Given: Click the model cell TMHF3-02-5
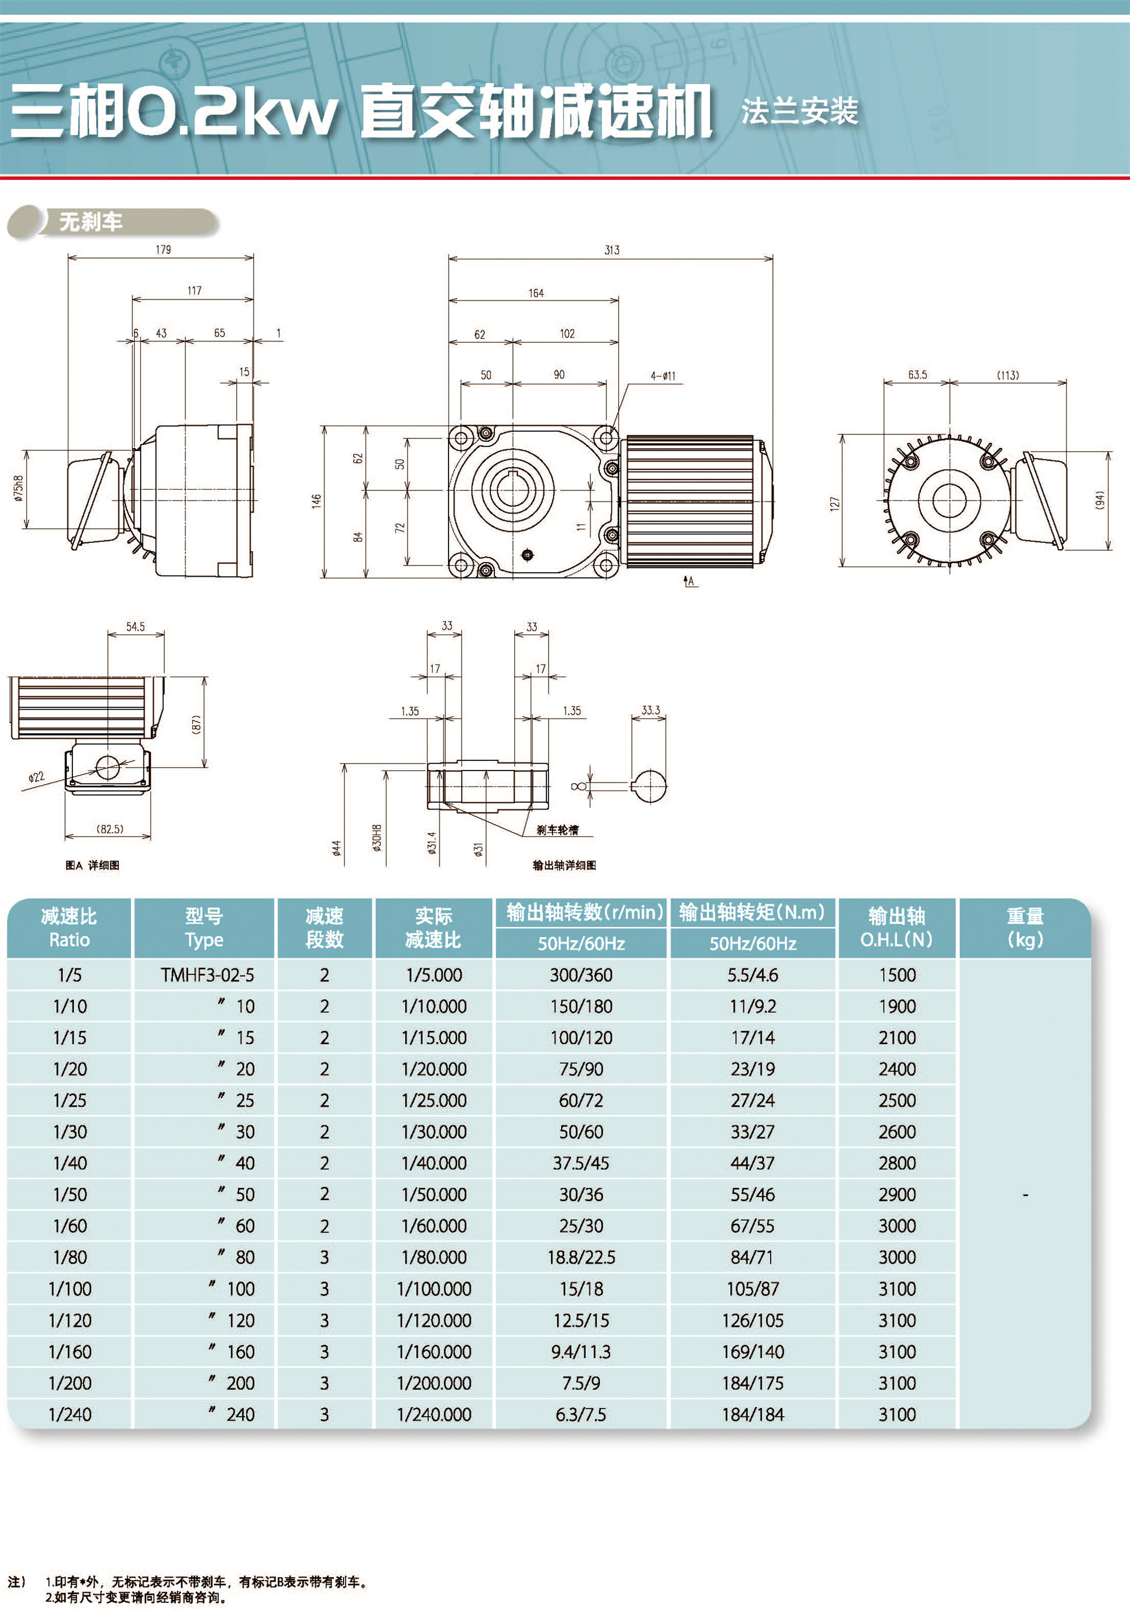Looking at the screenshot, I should (x=207, y=975).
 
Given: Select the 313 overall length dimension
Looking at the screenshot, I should (x=612, y=250).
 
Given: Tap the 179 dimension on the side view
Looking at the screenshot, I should (x=163, y=250).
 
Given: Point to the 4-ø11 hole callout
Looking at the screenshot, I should (x=663, y=376).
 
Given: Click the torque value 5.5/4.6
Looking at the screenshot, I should (x=752, y=975).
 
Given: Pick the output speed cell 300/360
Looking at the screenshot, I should (x=581, y=975).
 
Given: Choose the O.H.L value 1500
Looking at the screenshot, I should (x=897, y=975).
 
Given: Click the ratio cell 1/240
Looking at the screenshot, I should (x=70, y=1415).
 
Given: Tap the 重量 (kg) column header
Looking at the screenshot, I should (x=1024, y=928).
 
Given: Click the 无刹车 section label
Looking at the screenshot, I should (x=90, y=222).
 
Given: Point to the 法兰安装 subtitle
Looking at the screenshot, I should (x=799, y=111).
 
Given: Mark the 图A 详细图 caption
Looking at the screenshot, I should (x=92, y=865).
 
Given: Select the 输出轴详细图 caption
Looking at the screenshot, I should (x=564, y=865).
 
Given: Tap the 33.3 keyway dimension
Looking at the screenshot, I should (x=650, y=710).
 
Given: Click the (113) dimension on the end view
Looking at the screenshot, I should (x=1007, y=375).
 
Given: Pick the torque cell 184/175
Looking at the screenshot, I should (x=752, y=1382).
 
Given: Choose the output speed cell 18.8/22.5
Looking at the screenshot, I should (x=581, y=1257).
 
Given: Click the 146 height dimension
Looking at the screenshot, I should (x=316, y=501).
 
